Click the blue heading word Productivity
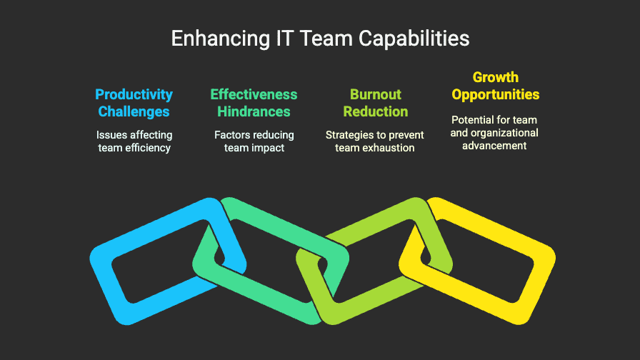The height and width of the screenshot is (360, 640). point(134,94)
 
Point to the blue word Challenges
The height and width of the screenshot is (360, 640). point(134,111)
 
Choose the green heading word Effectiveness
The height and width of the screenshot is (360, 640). point(254,94)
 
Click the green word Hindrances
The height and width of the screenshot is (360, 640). point(254,111)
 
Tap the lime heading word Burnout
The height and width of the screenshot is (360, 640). point(376,94)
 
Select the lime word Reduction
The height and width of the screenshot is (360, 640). point(376,111)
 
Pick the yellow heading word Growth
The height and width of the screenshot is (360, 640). point(496,77)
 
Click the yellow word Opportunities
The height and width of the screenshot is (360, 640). point(496,94)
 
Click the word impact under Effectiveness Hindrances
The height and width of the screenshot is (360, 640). point(268,148)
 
